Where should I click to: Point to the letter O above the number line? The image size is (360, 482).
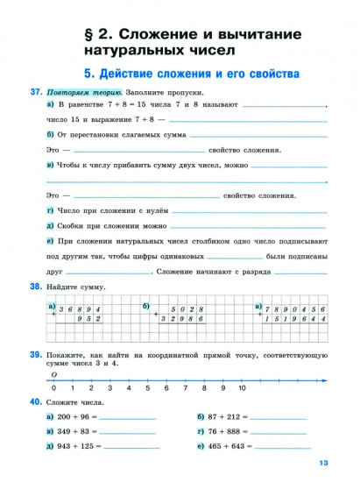54,371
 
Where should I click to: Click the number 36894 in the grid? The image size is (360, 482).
81,310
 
